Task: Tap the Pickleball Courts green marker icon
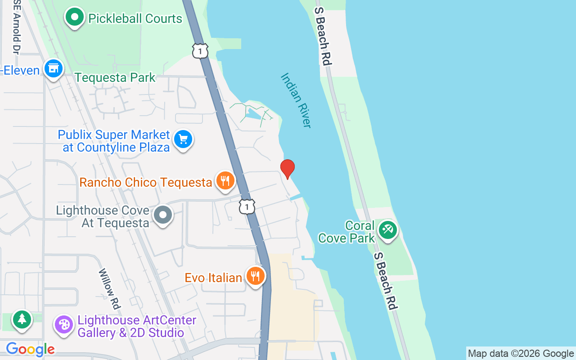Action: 75,18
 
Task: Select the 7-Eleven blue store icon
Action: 54,69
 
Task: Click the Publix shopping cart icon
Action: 183,139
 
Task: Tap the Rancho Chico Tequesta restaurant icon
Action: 225,181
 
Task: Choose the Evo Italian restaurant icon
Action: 256,276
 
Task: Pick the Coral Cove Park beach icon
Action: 387,230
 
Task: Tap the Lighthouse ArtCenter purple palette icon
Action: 64,325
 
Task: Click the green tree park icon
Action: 22,320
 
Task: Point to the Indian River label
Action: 296,100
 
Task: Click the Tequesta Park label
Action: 115,77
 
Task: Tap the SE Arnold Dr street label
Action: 17,27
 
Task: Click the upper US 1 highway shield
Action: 200,51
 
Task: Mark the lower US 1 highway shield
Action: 247,207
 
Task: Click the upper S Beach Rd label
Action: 323,36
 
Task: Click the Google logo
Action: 30,349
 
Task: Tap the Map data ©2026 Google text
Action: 521,354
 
